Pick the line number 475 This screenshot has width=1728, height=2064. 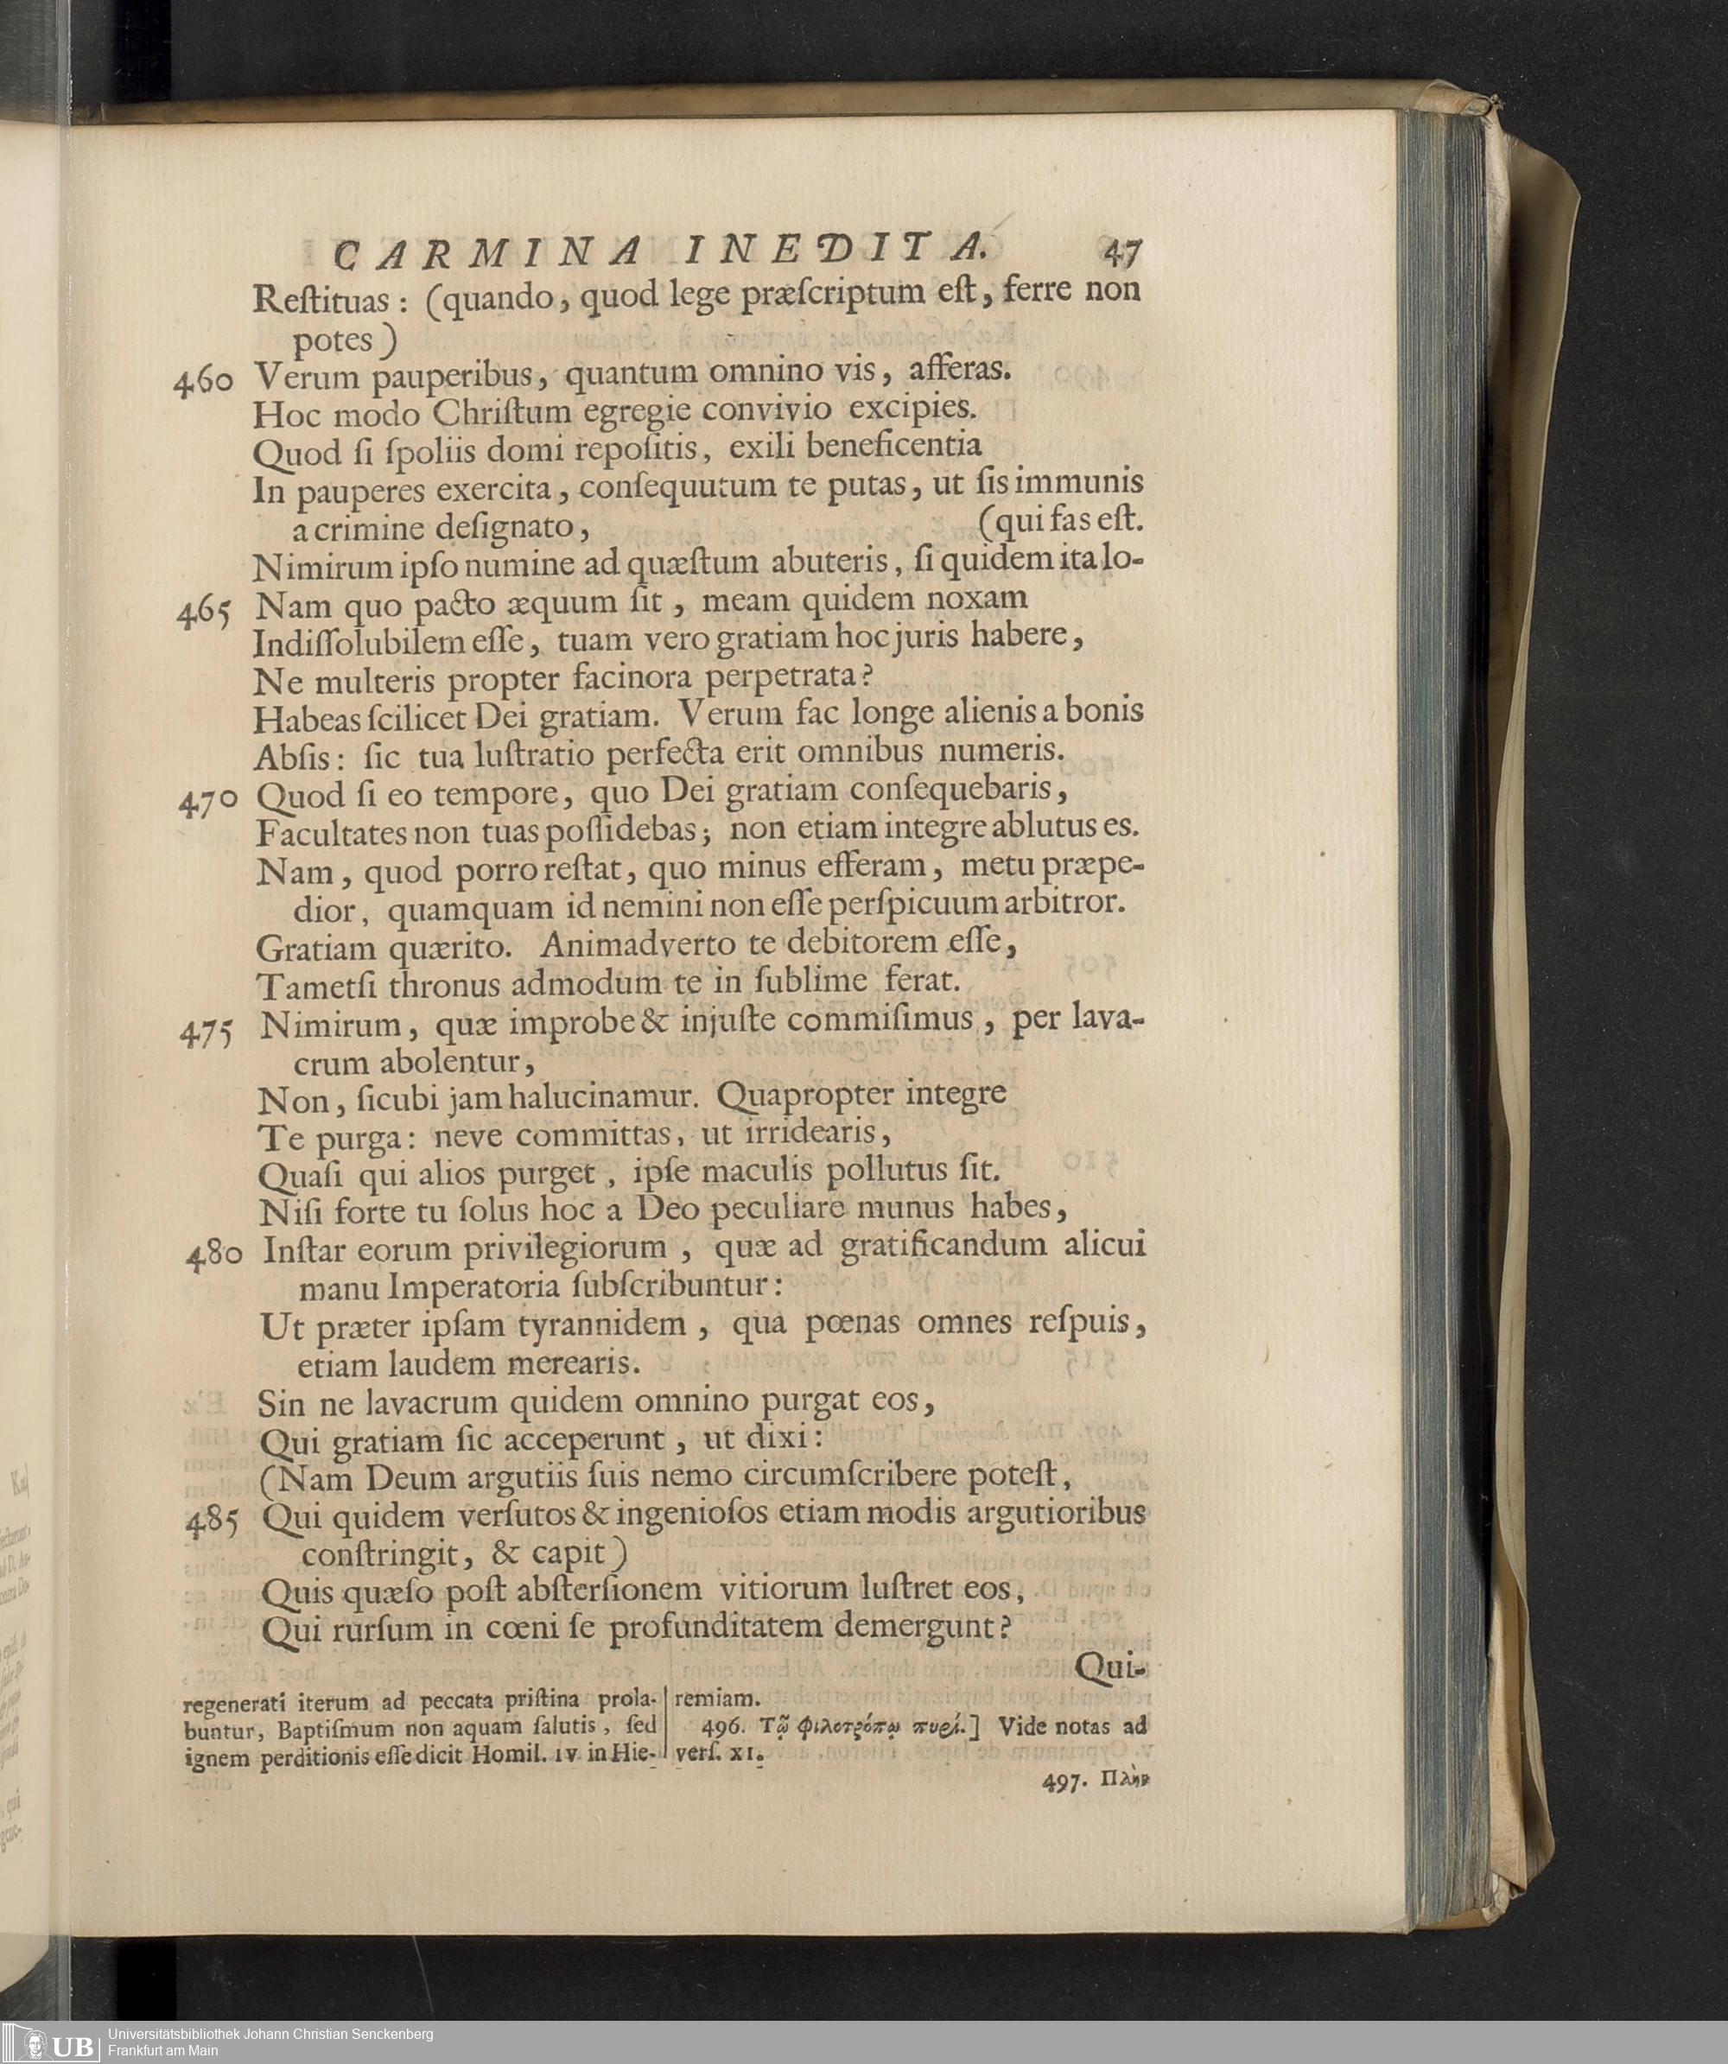(207, 1033)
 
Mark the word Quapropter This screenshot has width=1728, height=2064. (810, 1094)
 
